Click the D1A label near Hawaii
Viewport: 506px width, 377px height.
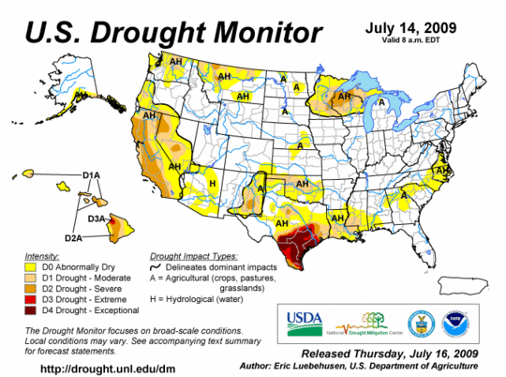click(x=91, y=175)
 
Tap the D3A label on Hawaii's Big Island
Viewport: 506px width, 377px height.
click(x=96, y=219)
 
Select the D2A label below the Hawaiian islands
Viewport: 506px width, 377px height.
click(x=72, y=239)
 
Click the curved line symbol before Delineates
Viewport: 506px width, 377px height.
click(x=156, y=267)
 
